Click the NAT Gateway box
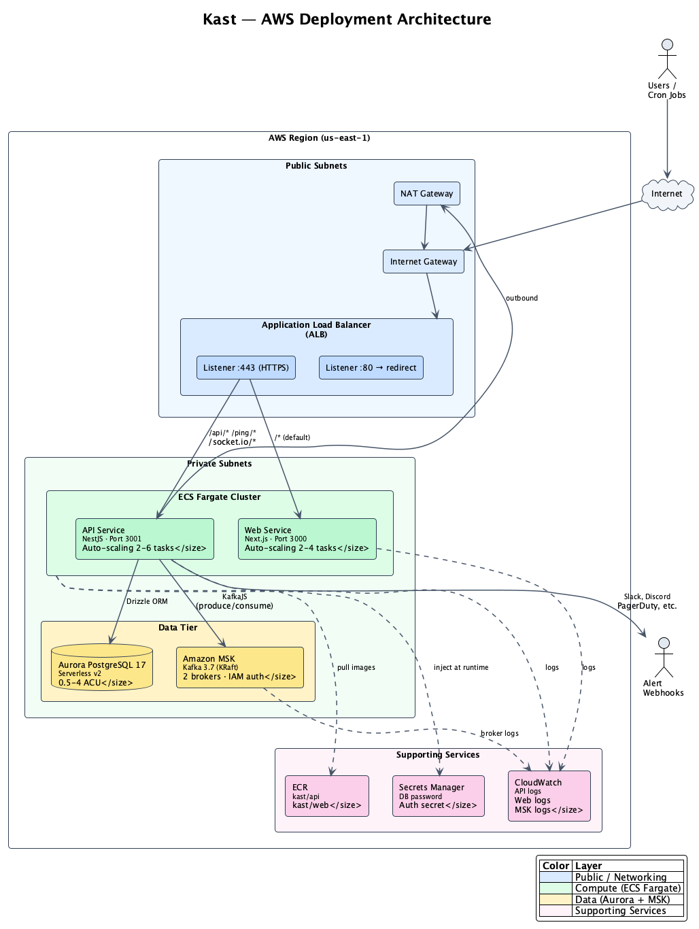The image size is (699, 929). (x=426, y=193)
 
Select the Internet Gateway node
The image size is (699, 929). (x=423, y=261)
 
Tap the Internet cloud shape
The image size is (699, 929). (x=666, y=194)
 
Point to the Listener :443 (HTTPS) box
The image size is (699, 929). (x=245, y=367)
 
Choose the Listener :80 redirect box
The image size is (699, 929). (x=371, y=367)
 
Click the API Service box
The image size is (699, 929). (x=144, y=539)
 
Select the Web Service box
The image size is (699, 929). (x=307, y=539)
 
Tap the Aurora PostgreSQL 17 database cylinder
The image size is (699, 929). (x=102, y=668)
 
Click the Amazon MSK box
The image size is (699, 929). (x=239, y=667)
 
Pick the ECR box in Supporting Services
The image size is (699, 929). (x=326, y=796)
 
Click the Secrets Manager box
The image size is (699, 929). (x=438, y=796)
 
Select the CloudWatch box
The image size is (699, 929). (x=549, y=796)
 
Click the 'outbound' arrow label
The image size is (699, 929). (x=522, y=298)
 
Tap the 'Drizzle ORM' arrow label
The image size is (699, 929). (x=147, y=601)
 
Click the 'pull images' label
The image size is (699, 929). (x=356, y=667)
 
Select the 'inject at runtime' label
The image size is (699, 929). (x=461, y=667)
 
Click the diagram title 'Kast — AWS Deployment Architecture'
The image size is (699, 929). (x=347, y=19)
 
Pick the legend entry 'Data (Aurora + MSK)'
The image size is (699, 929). (x=622, y=899)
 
